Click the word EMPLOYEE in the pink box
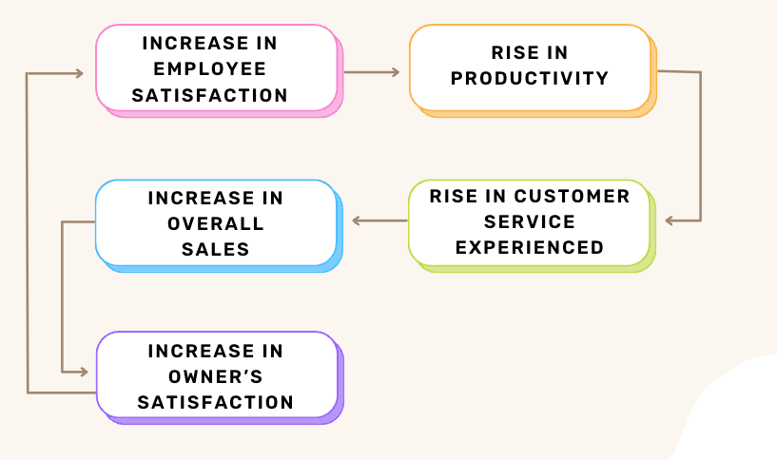click(209, 68)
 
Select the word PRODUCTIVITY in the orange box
click(530, 78)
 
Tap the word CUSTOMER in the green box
click(572, 196)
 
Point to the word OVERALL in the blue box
click(216, 223)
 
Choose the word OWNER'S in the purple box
click(216, 376)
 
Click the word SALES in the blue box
click(216, 249)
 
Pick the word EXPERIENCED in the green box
click(530, 247)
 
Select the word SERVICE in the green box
click(530, 221)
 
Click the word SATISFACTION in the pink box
click(209, 95)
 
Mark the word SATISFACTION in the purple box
click(216, 402)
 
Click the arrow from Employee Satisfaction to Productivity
click(372, 72)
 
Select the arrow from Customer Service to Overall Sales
click(379, 220)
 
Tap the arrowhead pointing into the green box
click(669, 220)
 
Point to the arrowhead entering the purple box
click(84, 372)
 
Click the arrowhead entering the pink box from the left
click(79, 73)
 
